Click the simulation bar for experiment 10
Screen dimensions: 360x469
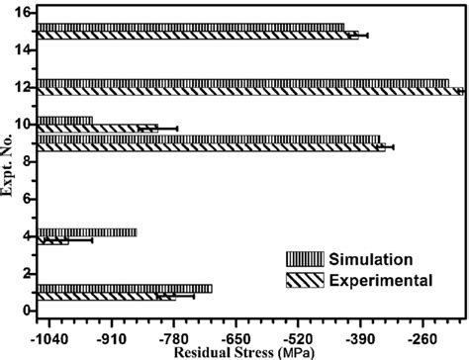[65, 121]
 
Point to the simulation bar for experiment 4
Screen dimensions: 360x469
[87, 232]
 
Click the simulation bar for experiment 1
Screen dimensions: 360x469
[124, 288]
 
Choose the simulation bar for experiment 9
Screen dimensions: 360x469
[208, 139]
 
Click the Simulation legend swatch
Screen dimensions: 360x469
[306, 259]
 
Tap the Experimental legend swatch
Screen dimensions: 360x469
[306, 280]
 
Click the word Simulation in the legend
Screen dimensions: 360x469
[372, 259]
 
